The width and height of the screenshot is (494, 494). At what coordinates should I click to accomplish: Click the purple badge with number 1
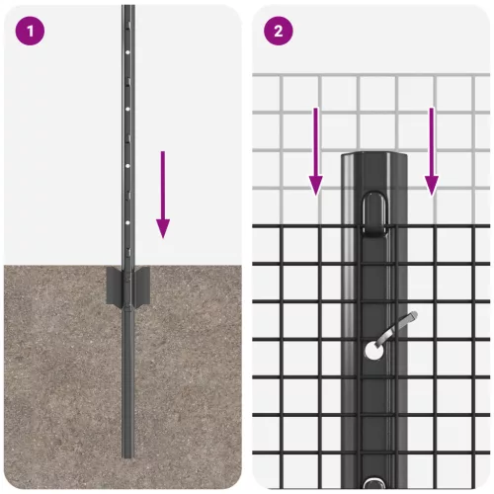click(30, 31)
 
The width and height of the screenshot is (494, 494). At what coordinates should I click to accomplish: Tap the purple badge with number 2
click(279, 31)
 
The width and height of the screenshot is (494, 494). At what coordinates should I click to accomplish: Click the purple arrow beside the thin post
click(163, 195)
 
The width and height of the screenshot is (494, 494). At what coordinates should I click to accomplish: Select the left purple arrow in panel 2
click(315, 151)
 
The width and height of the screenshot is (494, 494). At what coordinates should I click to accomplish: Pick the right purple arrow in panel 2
click(432, 151)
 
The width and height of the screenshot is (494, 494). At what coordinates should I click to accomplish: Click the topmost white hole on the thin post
click(127, 52)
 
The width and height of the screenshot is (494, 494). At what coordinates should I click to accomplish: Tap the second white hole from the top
click(127, 109)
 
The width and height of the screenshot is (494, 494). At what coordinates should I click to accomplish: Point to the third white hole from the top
click(127, 166)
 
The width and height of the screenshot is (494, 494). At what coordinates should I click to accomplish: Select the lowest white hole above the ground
click(127, 222)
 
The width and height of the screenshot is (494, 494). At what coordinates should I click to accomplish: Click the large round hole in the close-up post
click(374, 351)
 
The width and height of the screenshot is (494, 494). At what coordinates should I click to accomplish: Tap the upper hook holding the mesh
click(373, 214)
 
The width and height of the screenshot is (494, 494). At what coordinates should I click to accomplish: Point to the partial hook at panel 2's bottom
click(373, 483)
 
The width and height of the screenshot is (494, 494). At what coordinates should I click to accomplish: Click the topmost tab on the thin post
click(127, 24)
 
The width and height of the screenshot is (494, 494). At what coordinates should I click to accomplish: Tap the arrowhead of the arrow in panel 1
click(163, 228)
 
